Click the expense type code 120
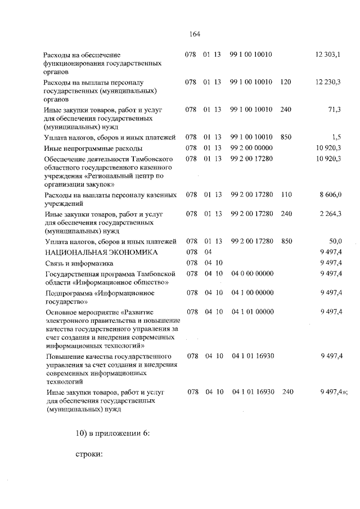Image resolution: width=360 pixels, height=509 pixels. click(x=285, y=82)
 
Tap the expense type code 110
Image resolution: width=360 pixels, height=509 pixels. click(x=286, y=195)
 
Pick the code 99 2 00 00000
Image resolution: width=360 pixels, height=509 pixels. click(x=251, y=148)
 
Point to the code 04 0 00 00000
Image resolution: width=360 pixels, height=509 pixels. click(x=252, y=273)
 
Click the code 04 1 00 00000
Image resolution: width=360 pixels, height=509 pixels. click(x=252, y=292)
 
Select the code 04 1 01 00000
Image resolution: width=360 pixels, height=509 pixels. click(x=252, y=312)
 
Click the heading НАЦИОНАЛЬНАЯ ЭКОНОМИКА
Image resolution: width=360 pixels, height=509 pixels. click(x=93, y=252)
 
